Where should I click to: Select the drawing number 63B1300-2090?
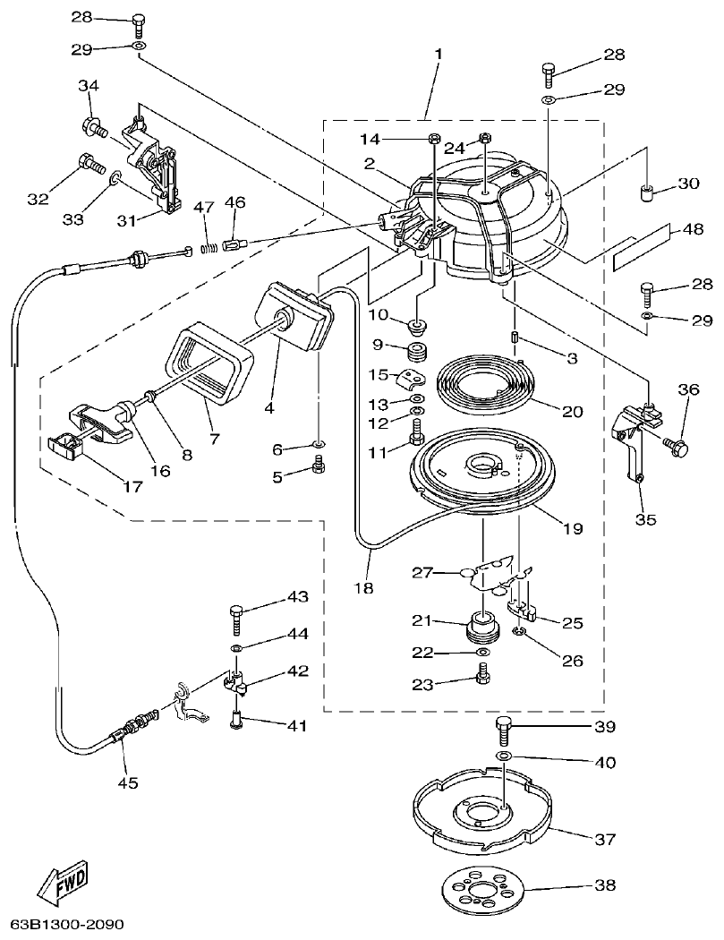[x=66, y=923]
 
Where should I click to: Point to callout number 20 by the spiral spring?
[x=572, y=412]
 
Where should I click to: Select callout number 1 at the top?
[x=438, y=55]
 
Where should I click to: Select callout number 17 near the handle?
[x=132, y=487]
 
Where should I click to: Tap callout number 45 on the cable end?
[x=128, y=782]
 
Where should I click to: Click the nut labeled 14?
[x=431, y=138]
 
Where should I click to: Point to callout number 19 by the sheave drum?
[x=572, y=528]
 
